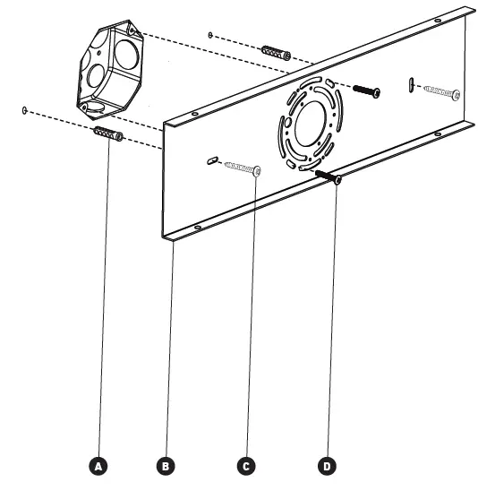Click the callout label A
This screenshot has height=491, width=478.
100,465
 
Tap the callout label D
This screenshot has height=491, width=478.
327,465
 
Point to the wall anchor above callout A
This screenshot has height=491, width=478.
107,135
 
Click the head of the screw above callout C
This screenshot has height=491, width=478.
257,171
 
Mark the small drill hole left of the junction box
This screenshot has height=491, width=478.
24,111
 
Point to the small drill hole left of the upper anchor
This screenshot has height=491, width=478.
209,35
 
